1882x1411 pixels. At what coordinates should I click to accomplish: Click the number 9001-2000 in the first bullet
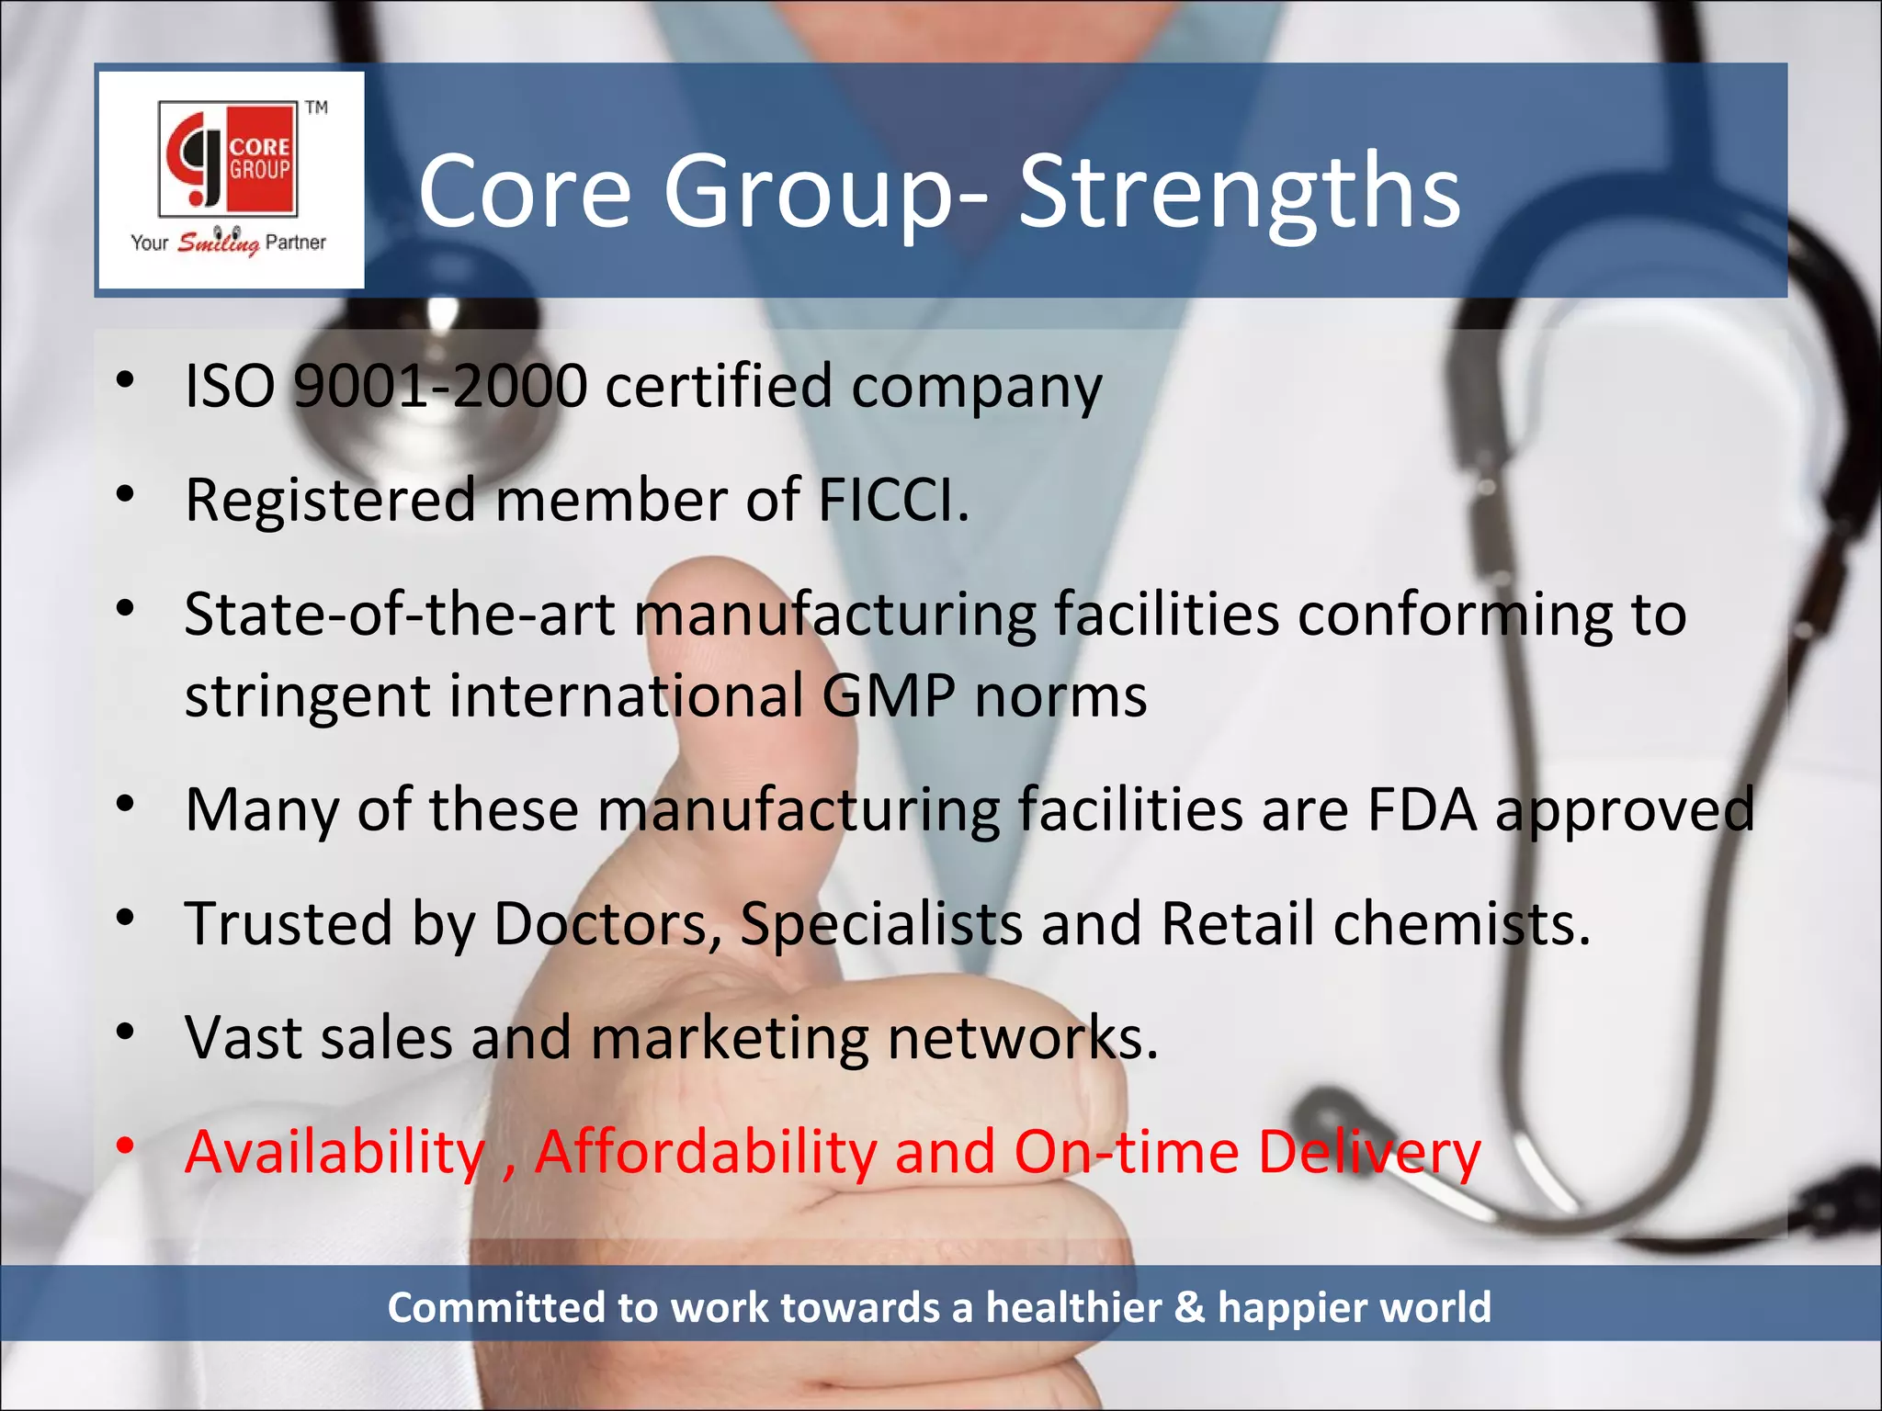pyautogui.click(x=440, y=386)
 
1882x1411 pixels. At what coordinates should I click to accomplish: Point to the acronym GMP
pyautogui.click(x=889, y=695)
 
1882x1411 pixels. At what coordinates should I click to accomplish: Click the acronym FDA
pyautogui.click(x=1422, y=810)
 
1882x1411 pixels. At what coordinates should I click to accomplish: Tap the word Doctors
pyautogui.click(x=607, y=923)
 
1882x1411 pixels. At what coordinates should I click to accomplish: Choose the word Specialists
pyautogui.click(x=880, y=923)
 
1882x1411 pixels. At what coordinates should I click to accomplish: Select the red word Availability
pyautogui.click(x=334, y=1152)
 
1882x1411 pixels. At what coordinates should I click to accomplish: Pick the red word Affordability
pyautogui.click(x=706, y=1152)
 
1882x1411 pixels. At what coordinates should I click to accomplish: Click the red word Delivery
pyautogui.click(x=1369, y=1152)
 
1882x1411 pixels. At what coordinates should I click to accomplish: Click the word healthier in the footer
pyautogui.click(x=1073, y=1307)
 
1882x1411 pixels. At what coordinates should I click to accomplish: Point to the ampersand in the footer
pyautogui.click(x=1189, y=1307)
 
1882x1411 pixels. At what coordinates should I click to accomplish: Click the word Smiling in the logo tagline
pyautogui.click(x=218, y=243)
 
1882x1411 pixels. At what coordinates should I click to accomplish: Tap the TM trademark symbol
pyautogui.click(x=316, y=107)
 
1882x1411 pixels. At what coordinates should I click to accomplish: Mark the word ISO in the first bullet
pyautogui.click(x=230, y=386)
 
